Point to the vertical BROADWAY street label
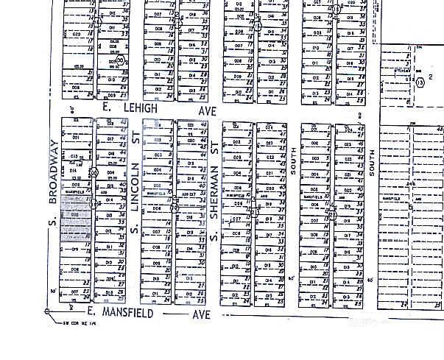coord(53,169)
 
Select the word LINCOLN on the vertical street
coord(134,190)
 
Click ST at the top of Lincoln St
coord(135,138)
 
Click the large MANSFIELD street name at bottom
coord(128,313)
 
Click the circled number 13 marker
coord(420,83)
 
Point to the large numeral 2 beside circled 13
coord(429,77)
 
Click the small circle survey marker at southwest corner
coord(48,311)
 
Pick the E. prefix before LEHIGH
coord(106,107)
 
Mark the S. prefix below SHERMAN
coord(214,238)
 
